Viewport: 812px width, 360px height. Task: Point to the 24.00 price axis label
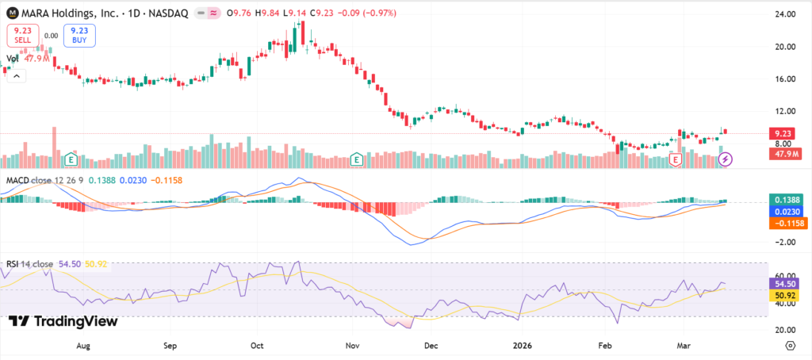coord(784,14)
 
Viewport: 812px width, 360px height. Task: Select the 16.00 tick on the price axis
coord(784,79)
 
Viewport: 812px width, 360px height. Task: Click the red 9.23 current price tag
coord(784,134)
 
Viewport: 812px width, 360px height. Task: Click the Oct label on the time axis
coord(255,346)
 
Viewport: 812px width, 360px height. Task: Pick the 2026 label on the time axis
coord(521,346)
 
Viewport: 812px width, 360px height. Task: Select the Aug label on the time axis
coord(82,346)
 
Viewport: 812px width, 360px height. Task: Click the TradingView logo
coord(63,321)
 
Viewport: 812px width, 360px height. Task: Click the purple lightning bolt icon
coord(726,159)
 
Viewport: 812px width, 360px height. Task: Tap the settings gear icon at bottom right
coord(791,346)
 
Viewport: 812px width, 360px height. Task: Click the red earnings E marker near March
coord(676,159)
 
